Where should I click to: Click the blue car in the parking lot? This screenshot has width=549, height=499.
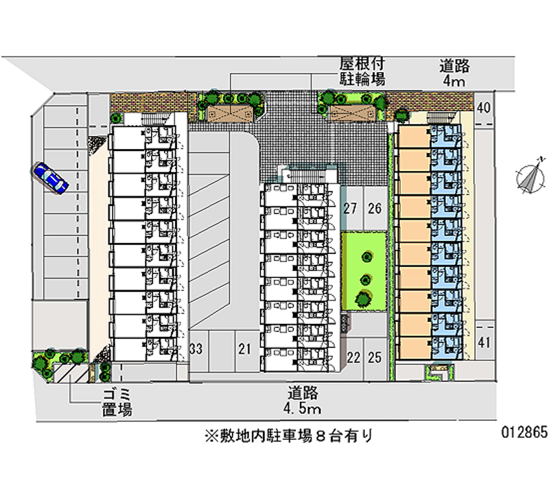tap(49, 178)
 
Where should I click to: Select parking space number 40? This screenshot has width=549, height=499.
tap(484, 107)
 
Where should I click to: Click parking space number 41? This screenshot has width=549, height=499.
tap(484, 343)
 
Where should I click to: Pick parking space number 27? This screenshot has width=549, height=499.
tap(351, 209)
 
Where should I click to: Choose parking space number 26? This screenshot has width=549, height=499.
tap(374, 209)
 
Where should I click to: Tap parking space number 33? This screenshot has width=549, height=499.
tap(196, 349)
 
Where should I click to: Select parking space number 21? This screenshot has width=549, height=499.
tap(244, 349)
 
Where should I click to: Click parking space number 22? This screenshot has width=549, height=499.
tap(353, 357)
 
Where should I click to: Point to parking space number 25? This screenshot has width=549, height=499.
tap(374, 357)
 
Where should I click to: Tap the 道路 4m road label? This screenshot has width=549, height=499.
tap(454, 73)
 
